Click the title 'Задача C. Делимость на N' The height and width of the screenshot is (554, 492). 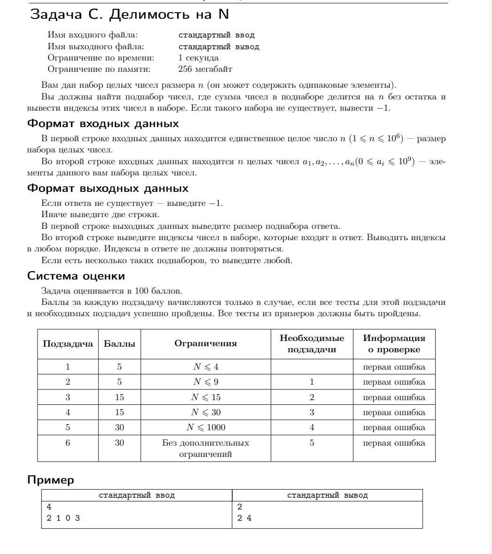tap(129, 15)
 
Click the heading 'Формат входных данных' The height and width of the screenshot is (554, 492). tap(103, 124)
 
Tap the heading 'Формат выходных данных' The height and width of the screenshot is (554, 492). tap(108, 189)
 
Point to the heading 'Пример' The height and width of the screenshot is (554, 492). tap(51, 480)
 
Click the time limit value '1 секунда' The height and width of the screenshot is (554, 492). tap(198, 58)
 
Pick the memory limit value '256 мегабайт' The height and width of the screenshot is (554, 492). tap(205, 69)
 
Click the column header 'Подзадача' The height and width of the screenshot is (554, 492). tap(68, 344)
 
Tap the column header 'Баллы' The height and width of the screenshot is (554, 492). tap(119, 344)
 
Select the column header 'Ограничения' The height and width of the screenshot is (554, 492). tap(206, 344)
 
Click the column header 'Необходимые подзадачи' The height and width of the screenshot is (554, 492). tap(312, 344)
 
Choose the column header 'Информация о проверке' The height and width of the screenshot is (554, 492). tap(394, 344)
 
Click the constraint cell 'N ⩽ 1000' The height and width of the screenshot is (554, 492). tap(206, 427)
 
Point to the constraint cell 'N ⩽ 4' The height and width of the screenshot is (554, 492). tap(206, 367)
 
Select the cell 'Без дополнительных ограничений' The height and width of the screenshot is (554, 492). tap(206, 448)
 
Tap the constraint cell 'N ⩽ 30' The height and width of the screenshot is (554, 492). tap(206, 412)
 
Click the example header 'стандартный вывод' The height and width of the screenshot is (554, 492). tap(327, 495)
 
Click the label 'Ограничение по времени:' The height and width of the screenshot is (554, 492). tap(101, 58)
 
